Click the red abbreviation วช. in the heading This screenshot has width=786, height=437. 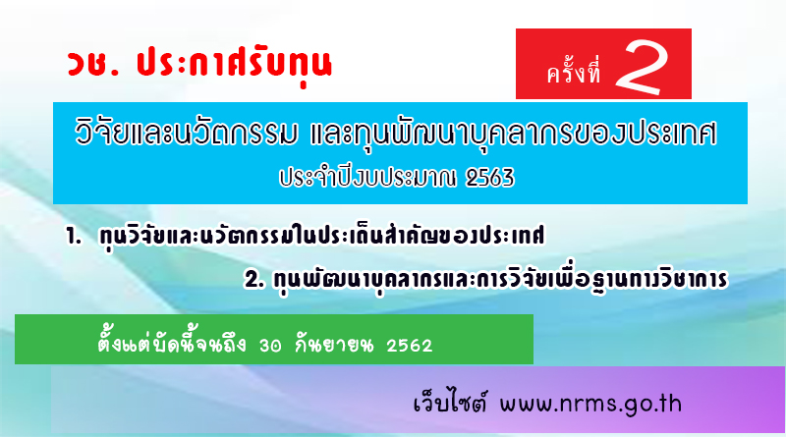[x=93, y=64]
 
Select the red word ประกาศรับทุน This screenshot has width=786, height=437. [x=235, y=66]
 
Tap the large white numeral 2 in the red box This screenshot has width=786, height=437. [x=643, y=67]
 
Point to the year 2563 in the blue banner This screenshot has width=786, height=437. [x=489, y=178]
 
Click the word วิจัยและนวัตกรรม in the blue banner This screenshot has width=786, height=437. [x=187, y=133]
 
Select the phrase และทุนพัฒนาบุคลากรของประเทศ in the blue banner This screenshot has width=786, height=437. [x=513, y=134]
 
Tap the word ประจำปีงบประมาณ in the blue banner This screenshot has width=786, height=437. [x=367, y=179]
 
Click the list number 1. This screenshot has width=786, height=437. [x=74, y=237]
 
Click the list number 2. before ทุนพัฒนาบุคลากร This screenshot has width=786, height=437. [x=254, y=279]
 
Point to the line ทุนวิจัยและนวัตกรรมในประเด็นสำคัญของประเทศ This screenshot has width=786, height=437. [x=322, y=236]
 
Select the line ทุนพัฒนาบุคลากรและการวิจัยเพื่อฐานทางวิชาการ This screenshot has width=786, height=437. [x=500, y=279]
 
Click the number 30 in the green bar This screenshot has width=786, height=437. [x=270, y=346]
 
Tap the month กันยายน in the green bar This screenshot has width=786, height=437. [x=334, y=345]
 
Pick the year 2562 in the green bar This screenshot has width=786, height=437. [x=409, y=346]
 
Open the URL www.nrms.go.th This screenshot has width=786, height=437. [x=590, y=404]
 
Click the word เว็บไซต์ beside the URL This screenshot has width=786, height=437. [x=450, y=403]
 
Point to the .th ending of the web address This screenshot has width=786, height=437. [x=668, y=404]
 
